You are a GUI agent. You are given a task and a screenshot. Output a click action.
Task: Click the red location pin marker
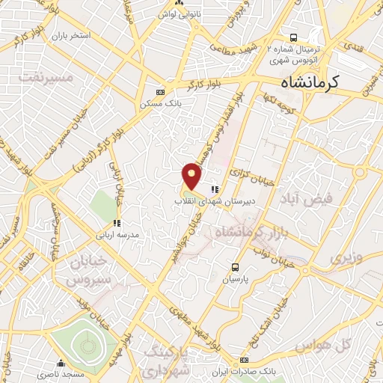coord(193,175)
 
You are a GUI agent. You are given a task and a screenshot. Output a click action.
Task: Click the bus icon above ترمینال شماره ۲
coord(294,37)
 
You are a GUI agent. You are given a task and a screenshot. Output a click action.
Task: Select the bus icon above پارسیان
coord(236,266)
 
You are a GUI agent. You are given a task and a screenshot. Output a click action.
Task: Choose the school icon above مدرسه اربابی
coord(116,222)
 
